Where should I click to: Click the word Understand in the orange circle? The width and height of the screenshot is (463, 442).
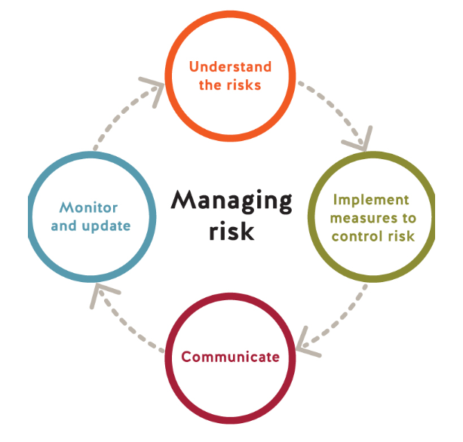point(230,67)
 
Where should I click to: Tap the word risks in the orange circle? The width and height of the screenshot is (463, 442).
point(244,84)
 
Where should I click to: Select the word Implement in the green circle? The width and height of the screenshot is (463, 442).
point(370,200)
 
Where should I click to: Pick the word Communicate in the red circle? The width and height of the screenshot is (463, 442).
point(230,356)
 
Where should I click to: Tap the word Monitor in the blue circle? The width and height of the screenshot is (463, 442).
point(89,207)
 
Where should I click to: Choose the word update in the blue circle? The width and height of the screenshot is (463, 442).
point(107,225)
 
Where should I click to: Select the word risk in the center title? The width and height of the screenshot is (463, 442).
point(231,231)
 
